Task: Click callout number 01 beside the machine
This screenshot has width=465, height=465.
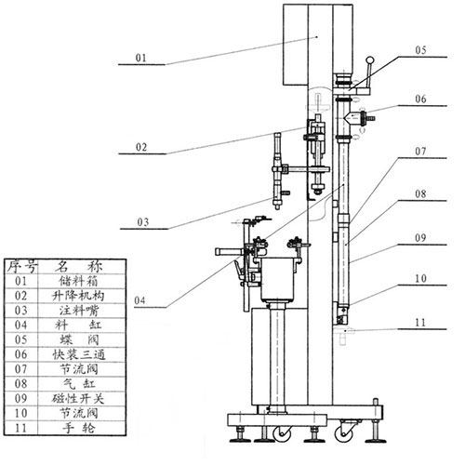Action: (x=140, y=58)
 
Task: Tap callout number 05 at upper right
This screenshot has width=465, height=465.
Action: (x=420, y=50)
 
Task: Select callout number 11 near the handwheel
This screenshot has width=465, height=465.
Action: (x=420, y=323)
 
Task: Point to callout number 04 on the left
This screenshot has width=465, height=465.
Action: (x=139, y=300)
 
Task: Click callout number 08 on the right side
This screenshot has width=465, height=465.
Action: (x=420, y=194)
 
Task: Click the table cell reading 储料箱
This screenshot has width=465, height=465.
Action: (x=79, y=281)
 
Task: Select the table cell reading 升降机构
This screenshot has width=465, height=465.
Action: (x=78, y=296)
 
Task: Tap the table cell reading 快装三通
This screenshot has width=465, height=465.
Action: (x=79, y=354)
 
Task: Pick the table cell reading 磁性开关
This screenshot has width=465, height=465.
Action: (x=78, y=399)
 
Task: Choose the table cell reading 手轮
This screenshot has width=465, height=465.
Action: (x=79, y=428)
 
